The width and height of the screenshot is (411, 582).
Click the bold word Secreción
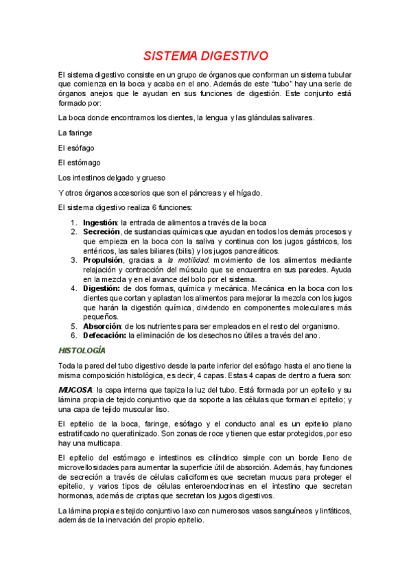tap(102, 232)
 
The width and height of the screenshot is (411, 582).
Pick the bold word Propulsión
tap(104, 260)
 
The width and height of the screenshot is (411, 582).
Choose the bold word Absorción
tap(104, 326)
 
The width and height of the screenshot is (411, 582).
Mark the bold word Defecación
tap(104, 336)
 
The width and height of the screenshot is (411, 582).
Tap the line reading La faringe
tap(75, 132)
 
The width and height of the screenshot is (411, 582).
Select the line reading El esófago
tap(76, 148)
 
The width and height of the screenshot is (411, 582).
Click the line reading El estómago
tap(80, 163)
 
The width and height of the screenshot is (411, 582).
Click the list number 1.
tap(74, 222)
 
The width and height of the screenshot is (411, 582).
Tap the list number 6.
tap(74, 336)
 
